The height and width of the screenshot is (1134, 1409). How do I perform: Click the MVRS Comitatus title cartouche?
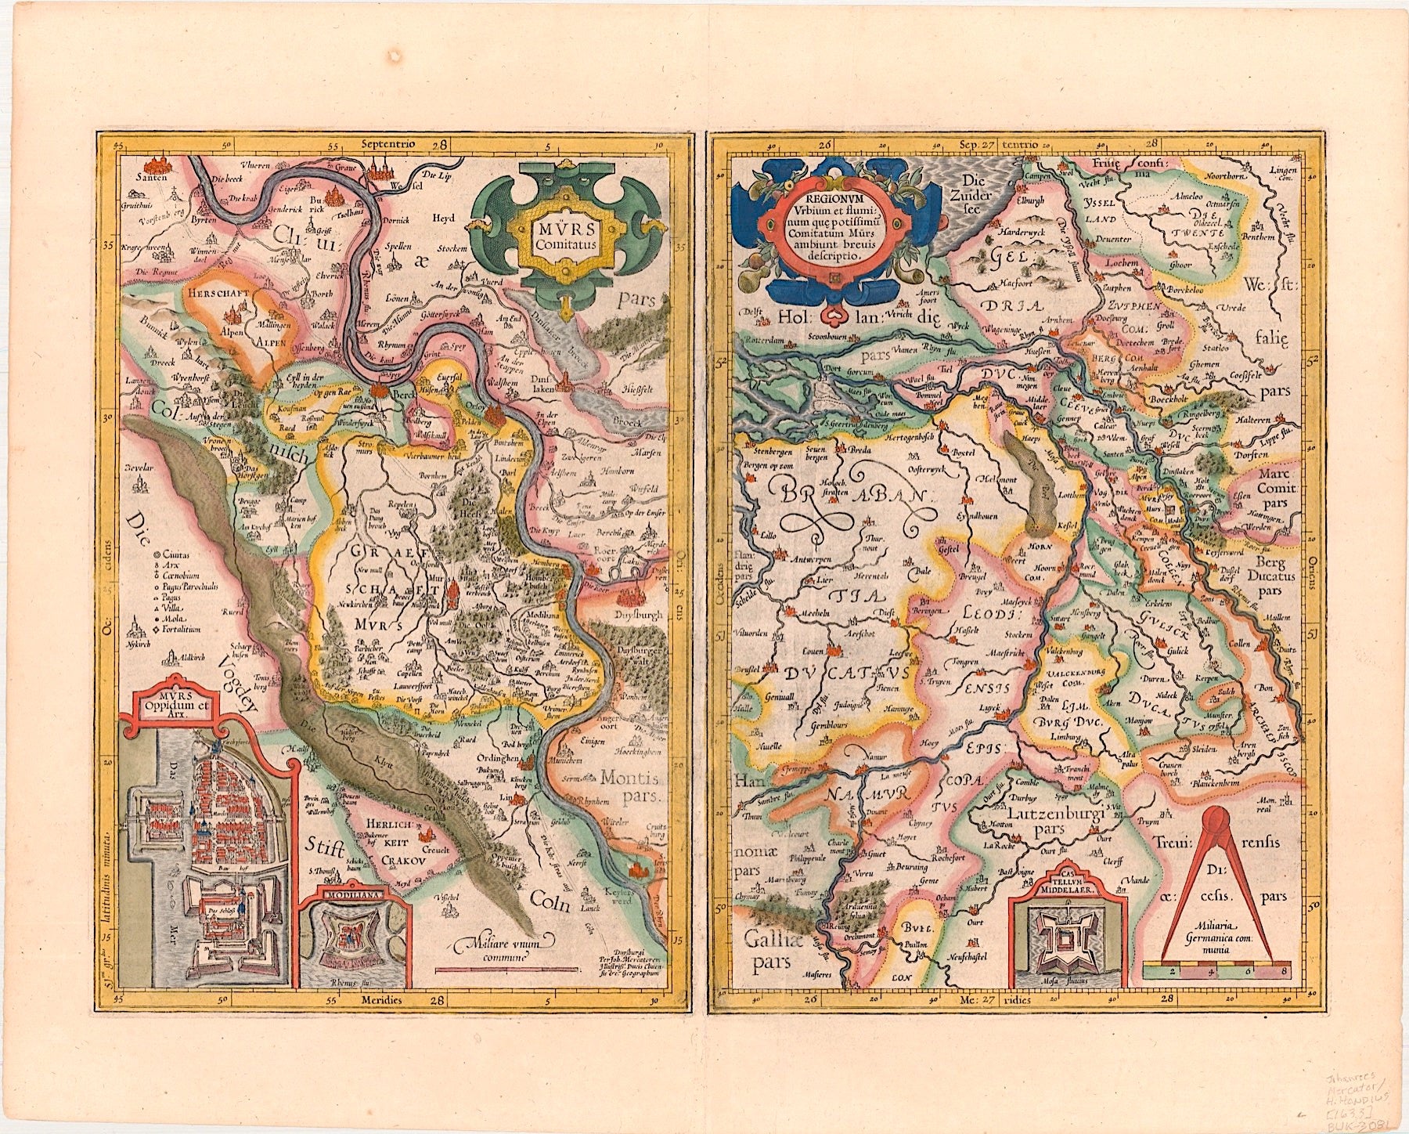click(x=560, y=234)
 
